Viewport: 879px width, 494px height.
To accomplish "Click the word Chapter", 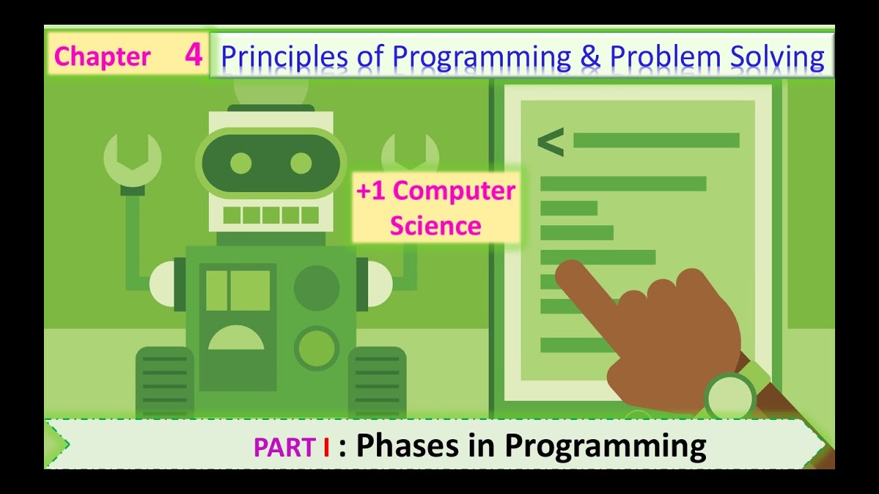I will click(102, 57).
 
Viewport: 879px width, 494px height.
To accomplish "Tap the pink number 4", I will click(193, 55).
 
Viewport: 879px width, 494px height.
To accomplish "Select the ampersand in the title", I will click(590, 58).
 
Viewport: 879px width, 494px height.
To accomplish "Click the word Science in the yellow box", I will click(435, 225).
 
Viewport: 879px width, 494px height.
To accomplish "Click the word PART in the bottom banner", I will click(284, 447).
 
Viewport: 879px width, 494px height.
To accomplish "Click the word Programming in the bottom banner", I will click(605, 447).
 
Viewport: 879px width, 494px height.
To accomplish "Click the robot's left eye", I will click(241, 163).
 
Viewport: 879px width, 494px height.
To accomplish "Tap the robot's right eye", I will click(301, 163).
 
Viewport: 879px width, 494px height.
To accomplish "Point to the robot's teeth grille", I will click(271, 215).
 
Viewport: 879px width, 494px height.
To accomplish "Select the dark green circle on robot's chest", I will click(317, 288).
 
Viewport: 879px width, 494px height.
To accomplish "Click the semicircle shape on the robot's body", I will click(236, 338).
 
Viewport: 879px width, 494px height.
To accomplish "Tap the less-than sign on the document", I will click(550, 142).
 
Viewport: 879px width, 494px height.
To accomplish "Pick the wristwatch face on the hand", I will click(729, 397).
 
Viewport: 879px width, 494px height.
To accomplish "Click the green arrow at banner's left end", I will click(58, 444).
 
